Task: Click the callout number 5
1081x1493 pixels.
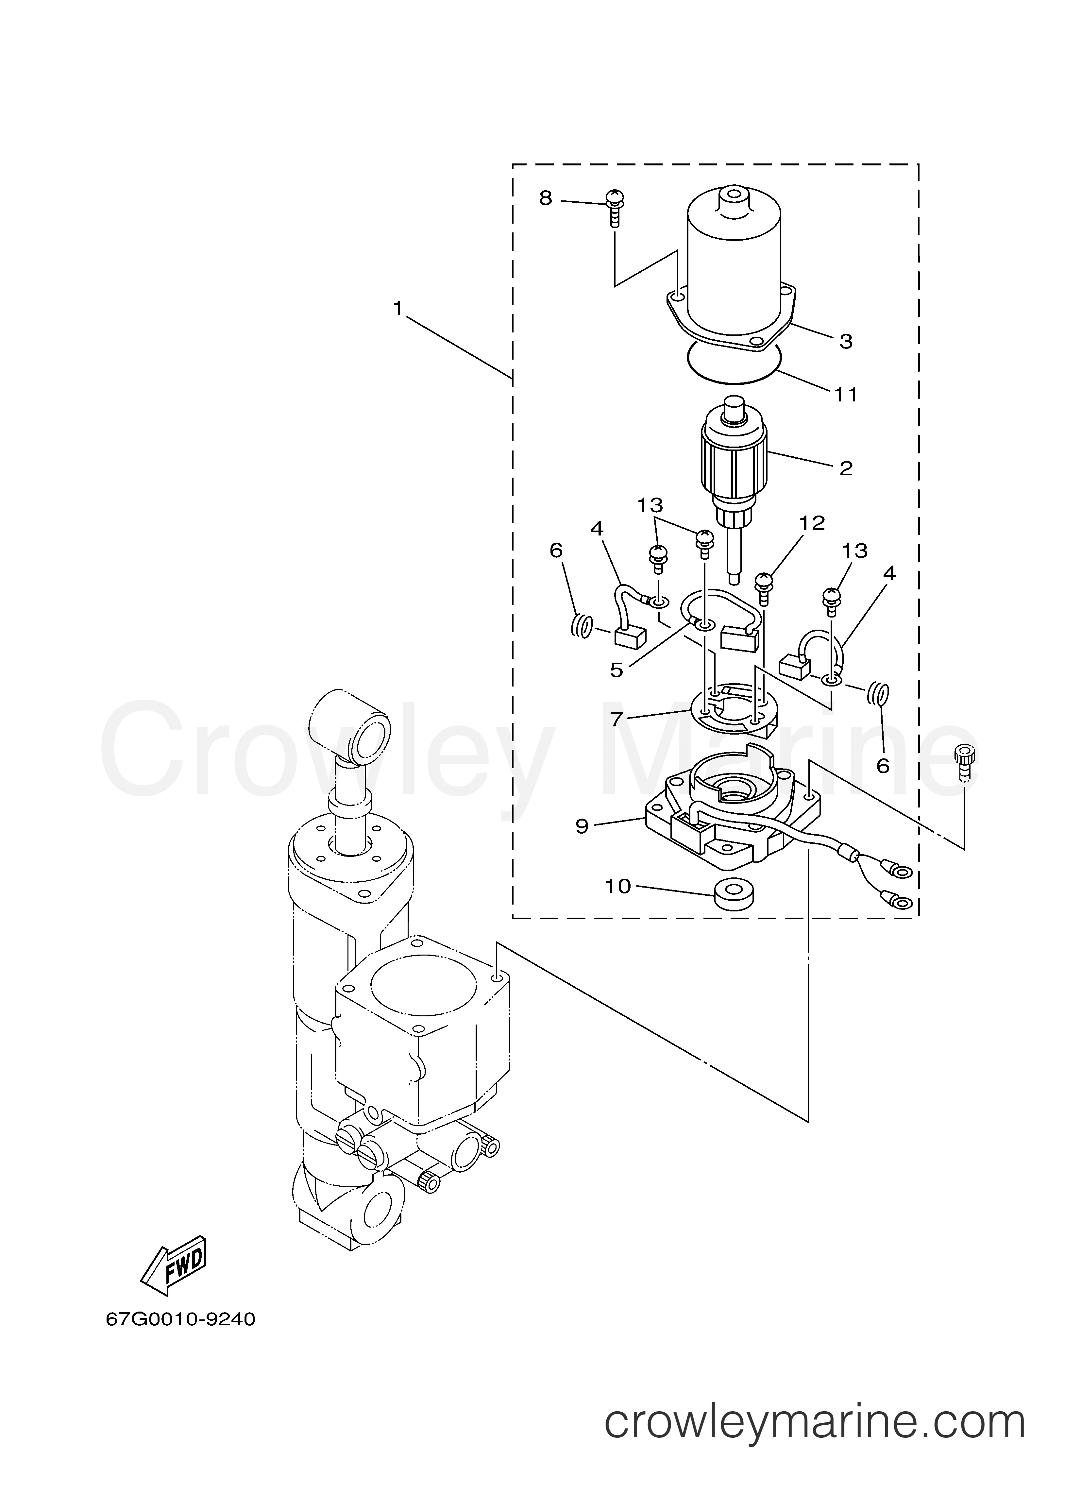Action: coord(616,670)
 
